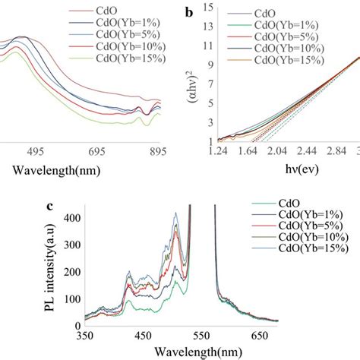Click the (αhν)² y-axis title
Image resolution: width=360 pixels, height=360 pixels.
coord(194,76)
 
